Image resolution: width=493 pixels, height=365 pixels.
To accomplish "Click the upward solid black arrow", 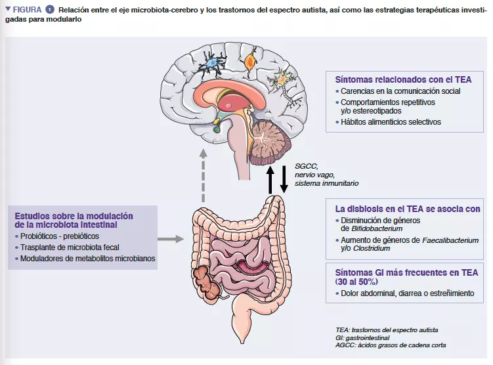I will pyautogui.click(x=270, y=179).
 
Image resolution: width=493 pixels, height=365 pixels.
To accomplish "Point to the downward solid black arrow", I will pyautogui.click(x=284, y=179).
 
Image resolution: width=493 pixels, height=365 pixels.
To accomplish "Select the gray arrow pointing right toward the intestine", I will pyautogui.click(x=171, y=240).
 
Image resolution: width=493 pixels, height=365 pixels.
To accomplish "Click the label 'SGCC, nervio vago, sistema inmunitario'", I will pyautogui.click(x=326, y=175).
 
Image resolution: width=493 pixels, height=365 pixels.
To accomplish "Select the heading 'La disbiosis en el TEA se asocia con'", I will pyautogui.click(x=407, y=209).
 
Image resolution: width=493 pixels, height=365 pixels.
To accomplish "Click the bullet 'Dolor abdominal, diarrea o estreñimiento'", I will pyautogui.click(x=412, y=293).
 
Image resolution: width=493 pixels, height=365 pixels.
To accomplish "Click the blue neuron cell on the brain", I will pyautogui.click(x=213, y=63).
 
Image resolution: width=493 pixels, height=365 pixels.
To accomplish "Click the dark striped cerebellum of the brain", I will pyautogui.click(x=270, y=139).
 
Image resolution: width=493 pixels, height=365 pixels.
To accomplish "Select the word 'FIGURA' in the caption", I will pyautogui.click(x=27, y=10).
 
